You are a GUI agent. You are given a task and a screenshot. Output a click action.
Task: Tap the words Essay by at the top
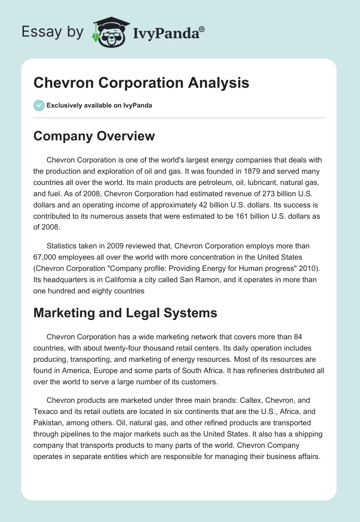tap(52, 31)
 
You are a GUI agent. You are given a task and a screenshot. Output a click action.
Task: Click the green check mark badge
tap(39, 105)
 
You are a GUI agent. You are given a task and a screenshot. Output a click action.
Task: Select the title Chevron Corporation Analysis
tap(141, 83)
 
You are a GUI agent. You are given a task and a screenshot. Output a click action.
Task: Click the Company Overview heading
tap(94, 136)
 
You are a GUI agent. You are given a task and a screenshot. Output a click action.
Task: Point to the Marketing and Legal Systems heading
tap(125, 313)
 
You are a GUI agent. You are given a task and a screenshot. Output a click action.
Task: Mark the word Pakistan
tap(49, 423)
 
